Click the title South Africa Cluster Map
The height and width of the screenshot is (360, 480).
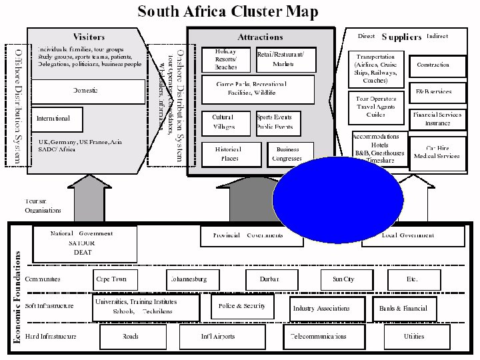coord(227,11)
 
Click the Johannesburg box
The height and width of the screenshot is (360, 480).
coord(193,279)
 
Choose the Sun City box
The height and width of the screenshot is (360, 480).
coord(343,279)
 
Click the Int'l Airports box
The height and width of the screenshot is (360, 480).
coord(218,336)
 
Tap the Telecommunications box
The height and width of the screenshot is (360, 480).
coord(317,336)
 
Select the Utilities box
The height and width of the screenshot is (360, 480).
coord(413,336)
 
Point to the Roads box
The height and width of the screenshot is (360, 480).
coord(131,336)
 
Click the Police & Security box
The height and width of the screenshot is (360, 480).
coord(241,307)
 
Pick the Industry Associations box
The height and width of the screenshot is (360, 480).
coord(321,309)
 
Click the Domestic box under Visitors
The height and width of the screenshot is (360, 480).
coord(89,89)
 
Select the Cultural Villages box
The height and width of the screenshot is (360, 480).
coord(224,122)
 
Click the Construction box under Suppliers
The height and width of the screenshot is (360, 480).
coord(433,65)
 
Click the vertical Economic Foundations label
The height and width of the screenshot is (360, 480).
coord(18,297)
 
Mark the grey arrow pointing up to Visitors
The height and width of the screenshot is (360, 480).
coord(89,197)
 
